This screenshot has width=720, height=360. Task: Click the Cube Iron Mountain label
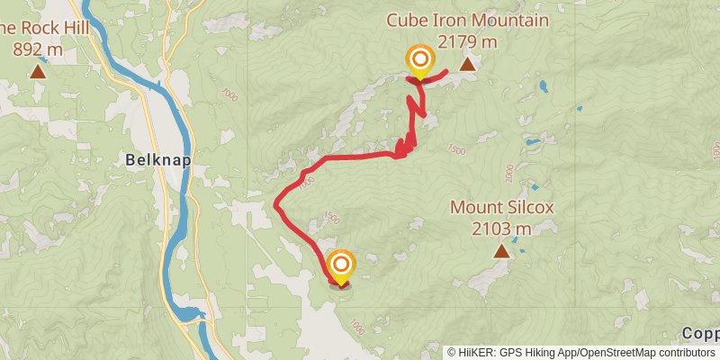[467, 20]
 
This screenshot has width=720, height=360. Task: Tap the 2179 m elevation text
[467, 40]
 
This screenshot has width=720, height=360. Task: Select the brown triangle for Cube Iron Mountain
[467, 65]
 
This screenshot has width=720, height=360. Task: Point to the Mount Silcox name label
[501, 208]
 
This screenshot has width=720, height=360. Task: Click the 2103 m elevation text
[501, 229]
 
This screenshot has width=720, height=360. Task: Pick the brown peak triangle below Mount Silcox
[500, 252]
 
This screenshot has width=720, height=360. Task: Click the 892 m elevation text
[38, 49]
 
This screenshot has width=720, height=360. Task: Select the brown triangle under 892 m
[38, 71]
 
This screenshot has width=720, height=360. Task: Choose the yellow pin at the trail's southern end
[341, 265]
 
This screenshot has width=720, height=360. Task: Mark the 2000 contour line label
[509, 171]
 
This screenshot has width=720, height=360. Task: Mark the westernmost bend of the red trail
[275, 205]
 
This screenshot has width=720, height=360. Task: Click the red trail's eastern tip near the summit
[447, 70]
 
